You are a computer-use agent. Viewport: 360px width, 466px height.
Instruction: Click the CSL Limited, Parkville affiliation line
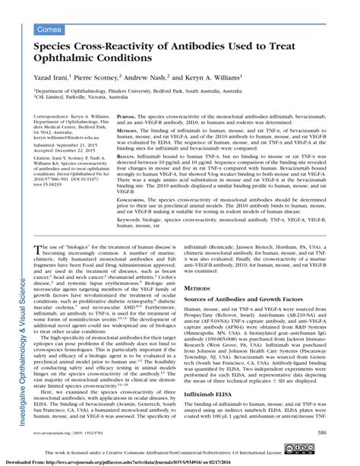point(84,97)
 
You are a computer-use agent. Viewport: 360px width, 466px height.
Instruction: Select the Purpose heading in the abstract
point(128,118)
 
